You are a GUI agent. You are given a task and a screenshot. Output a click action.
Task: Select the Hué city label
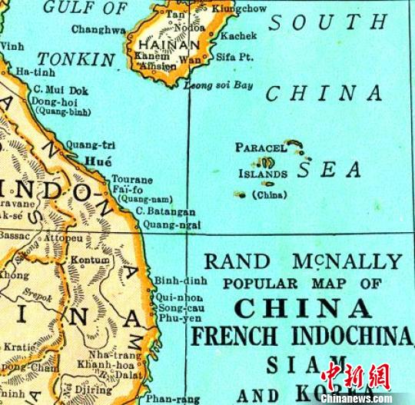(x=99, y=162)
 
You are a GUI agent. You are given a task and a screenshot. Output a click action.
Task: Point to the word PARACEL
(x=261, y=147)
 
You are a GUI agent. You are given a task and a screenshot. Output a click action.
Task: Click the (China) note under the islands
(x=268, y=195)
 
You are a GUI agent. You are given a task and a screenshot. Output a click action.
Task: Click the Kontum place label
(x=91, y=261)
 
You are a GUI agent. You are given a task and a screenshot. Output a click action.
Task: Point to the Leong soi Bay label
(x=218, y=85)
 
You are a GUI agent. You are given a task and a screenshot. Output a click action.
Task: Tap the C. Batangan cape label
(x=165, y=211)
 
